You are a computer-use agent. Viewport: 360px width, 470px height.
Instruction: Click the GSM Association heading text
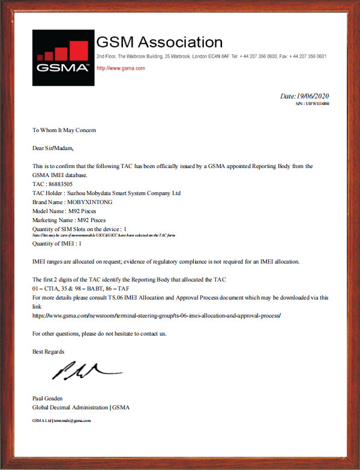[x=160, y=43]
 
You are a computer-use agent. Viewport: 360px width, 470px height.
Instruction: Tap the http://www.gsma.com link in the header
[x=121, y=68]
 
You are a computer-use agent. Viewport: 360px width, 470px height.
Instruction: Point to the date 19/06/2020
[x=305, y=96]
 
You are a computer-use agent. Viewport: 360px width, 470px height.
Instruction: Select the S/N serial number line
[x=312, y=104]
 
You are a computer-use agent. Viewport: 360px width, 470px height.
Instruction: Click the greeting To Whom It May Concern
[x=64, y=130]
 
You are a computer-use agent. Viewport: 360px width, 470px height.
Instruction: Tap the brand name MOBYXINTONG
[x=89, y=202]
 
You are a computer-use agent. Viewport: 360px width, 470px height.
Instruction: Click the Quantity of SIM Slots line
[x=80, y=229]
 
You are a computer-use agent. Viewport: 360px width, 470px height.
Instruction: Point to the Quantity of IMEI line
[x=58, y=244]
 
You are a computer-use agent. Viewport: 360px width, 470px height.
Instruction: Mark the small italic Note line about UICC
[x=103, y=235]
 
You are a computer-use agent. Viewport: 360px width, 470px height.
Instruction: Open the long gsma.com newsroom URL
[x=157, y=315]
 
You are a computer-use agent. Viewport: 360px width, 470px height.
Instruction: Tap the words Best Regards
[x=49, y=352]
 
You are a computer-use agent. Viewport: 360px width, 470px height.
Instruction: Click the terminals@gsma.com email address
[x=72, y=421]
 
